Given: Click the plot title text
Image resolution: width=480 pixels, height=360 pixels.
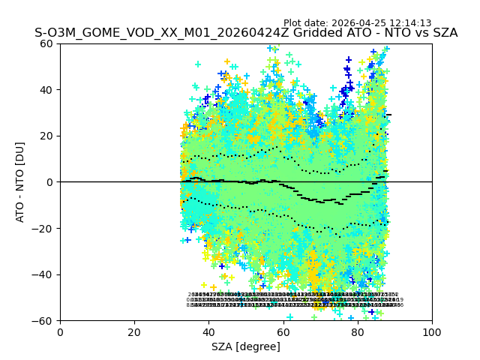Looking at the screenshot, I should coord(246,33).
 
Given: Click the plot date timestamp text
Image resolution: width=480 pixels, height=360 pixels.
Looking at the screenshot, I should coord(357,23).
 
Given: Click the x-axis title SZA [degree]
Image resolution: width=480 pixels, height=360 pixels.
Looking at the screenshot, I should coord(246,346).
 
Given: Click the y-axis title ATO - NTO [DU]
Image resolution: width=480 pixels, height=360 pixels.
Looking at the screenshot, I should coord(20,182).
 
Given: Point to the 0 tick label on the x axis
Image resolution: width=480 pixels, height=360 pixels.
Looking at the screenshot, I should coord(60,332).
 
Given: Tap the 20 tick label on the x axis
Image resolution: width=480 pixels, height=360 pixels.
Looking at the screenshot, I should coord(134,332).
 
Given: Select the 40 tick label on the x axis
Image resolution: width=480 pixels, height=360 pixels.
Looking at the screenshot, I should coord(208,332).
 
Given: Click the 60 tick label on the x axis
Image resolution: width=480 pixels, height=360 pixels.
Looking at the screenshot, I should coord(283,332).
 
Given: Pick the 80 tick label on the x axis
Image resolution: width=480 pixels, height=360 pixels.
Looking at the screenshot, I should coord(358,332).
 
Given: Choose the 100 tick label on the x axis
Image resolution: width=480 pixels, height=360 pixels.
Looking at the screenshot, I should coord(432,332).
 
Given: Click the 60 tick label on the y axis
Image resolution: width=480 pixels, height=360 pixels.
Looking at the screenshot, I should coord(46,43).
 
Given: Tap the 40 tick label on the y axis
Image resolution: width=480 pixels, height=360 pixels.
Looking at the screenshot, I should coord(46,90).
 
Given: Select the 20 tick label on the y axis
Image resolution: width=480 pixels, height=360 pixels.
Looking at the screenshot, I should coord(46,136).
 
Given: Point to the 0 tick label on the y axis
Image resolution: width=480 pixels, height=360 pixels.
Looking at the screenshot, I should coord(49,182).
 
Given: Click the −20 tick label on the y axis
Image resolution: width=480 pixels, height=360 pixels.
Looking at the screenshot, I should coord(43,228).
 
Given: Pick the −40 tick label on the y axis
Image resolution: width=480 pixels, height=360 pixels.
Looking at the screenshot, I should coord(43,274).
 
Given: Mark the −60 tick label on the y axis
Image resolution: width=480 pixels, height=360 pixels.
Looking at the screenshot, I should coord(43,321).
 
